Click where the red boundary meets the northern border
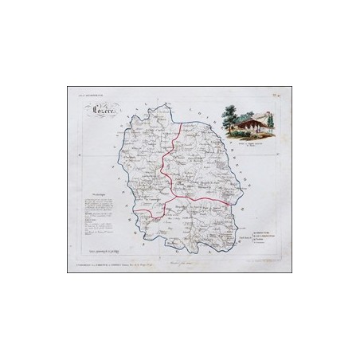(x=182, y=123)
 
